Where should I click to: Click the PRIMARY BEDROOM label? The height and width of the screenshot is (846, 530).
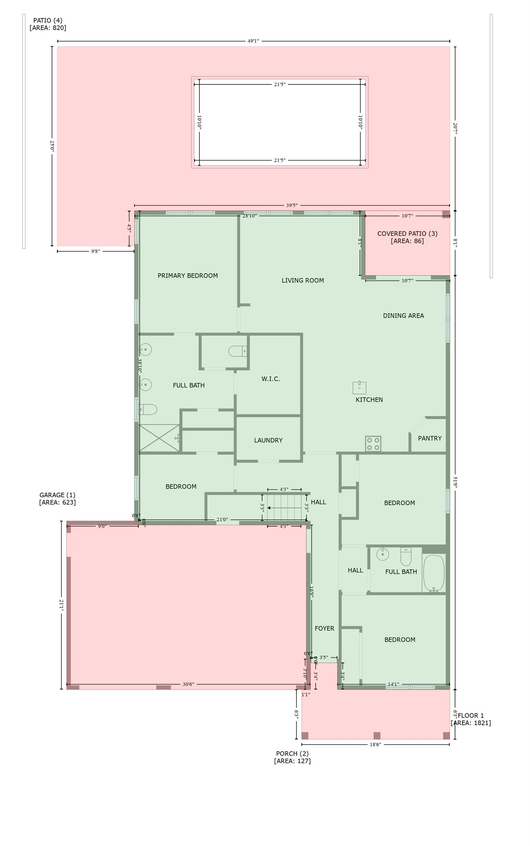[188, 275]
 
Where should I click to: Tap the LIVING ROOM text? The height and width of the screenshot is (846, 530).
[303, 280]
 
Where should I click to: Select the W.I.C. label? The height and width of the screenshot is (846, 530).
[271, 379]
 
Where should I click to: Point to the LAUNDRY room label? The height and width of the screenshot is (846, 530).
[268, 440]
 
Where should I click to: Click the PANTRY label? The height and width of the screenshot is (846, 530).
[430, 438]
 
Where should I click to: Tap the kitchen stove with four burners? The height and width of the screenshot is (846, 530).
[373, 444]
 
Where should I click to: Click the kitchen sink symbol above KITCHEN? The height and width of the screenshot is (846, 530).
[359, 387]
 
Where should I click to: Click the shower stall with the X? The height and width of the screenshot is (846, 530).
[159, 438]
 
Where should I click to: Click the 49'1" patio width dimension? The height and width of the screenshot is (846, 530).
[253, 41]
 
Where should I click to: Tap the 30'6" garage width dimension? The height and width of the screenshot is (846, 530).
[188, 684]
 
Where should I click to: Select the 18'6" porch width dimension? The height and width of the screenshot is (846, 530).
[375, 744]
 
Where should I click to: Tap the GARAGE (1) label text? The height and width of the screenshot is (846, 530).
[57, 495]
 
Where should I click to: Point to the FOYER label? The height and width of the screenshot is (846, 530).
[324, 628]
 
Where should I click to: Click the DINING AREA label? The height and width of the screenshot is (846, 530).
[403, 315]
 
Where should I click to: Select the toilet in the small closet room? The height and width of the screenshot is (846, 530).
[237, 351]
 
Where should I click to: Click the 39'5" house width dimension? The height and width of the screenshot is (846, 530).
[292, 205]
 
